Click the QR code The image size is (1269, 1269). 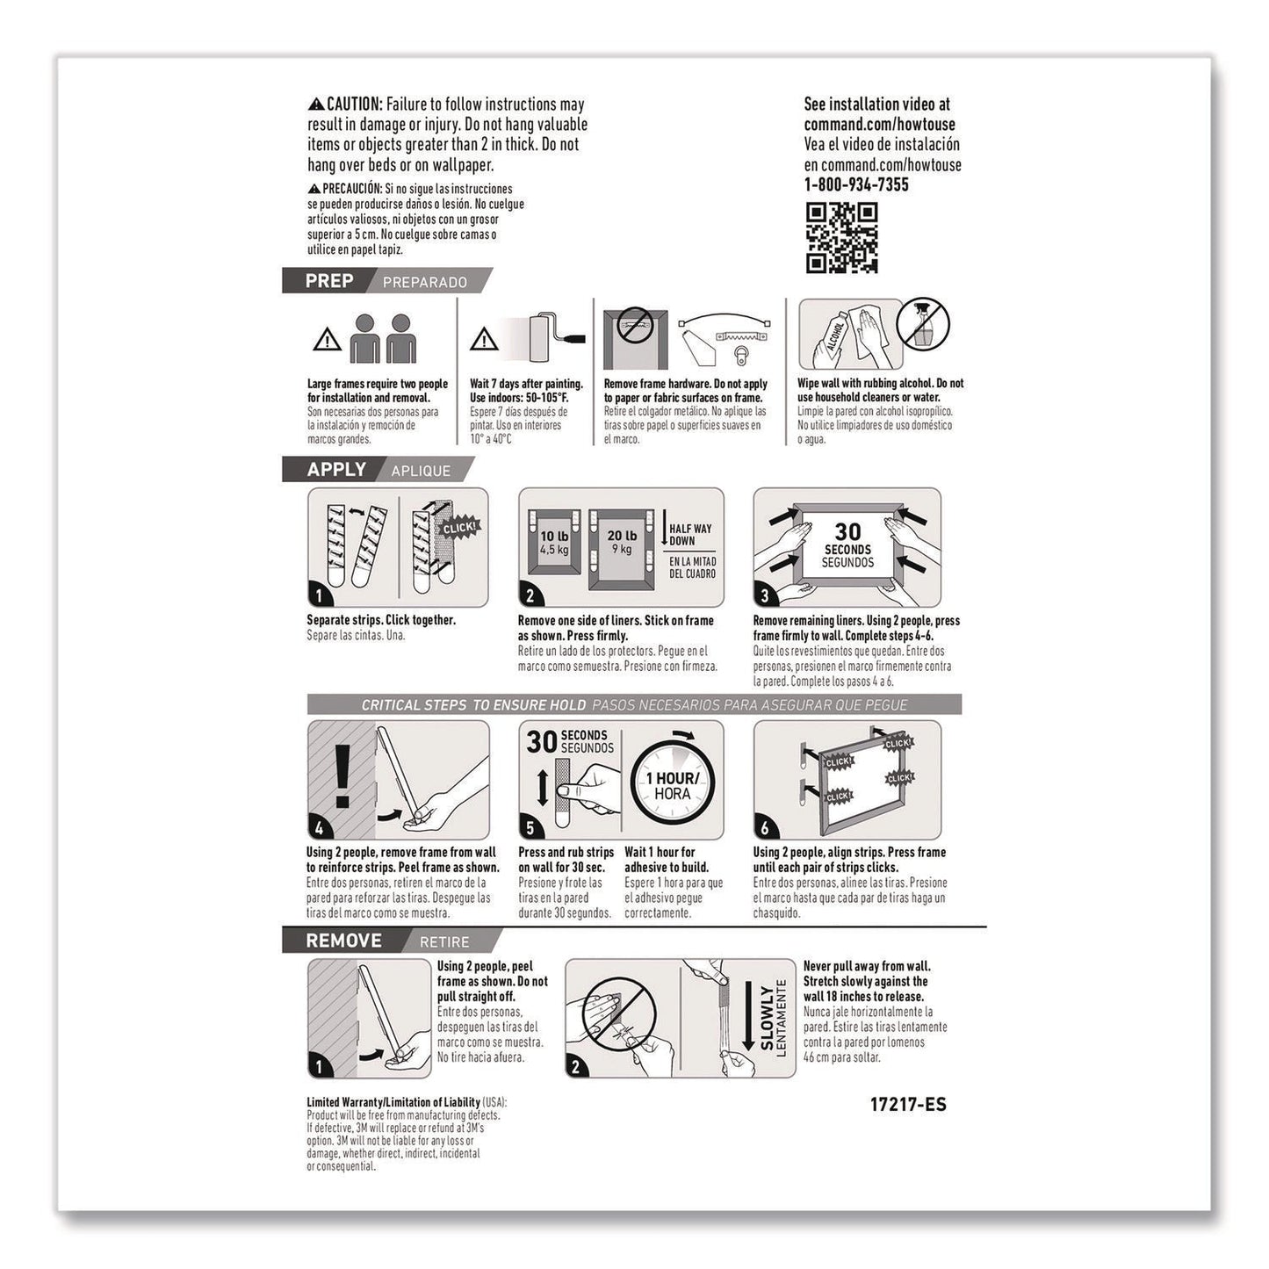(841, 237)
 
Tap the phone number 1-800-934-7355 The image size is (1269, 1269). (855, 184)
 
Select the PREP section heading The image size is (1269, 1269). (329, 281)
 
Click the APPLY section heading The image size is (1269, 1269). (335, 470)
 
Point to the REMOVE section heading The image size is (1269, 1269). (343, 941)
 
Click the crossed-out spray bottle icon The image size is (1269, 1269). (922, 324)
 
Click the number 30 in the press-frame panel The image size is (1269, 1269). (847, 531)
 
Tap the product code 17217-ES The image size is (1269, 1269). (908, 1105)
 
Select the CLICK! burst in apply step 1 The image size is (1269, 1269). (458, 528)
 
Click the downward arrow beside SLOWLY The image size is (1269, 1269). (748, 1016)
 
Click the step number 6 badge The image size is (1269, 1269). (765, 827)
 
